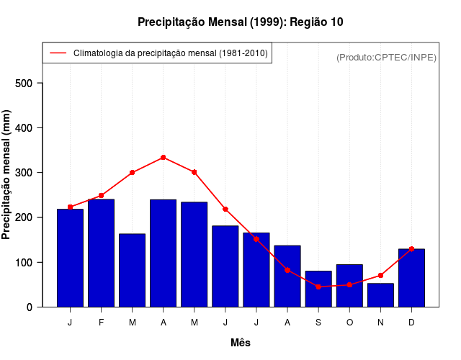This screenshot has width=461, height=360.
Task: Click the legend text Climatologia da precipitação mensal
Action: [170, 53]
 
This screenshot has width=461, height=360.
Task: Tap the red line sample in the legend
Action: [58, 53]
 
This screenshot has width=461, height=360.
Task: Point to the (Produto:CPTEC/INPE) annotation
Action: [386, 58]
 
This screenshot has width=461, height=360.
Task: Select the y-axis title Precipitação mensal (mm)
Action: [6, 174]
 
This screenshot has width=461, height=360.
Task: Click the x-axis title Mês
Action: [241, 343]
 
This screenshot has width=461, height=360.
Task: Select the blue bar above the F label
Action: [101, 253]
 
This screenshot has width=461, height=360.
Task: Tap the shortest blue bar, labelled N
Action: [380, 295]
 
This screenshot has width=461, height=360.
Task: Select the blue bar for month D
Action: [411, 278]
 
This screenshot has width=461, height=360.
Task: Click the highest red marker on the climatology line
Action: [164, 158]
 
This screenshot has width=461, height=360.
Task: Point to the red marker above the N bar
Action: [380, 276]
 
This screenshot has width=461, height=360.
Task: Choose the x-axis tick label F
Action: [101, 323]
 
